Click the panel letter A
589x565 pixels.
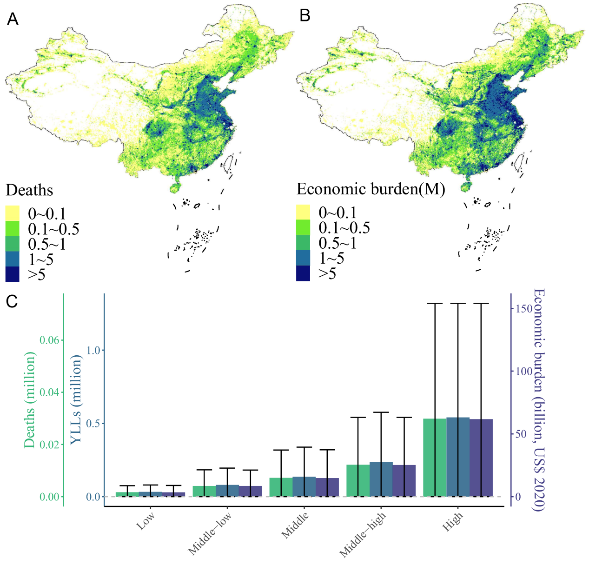13,19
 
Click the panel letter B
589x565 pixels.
305,16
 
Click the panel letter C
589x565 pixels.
12,301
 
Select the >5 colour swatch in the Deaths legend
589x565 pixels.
13,274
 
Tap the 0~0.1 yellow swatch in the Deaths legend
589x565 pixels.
13,213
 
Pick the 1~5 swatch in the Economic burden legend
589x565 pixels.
303,258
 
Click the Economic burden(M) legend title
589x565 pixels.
371,189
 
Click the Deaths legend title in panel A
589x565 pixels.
29,190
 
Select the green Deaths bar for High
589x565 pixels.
435,458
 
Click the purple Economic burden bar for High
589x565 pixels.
481,458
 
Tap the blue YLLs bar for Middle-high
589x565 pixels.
381,479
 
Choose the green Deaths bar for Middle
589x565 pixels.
281,487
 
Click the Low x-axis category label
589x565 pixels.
146,521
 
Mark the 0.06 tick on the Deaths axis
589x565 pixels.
49,340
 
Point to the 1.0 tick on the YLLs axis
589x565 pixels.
93,350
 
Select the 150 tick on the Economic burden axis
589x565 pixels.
524,309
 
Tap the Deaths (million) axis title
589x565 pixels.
30,400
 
